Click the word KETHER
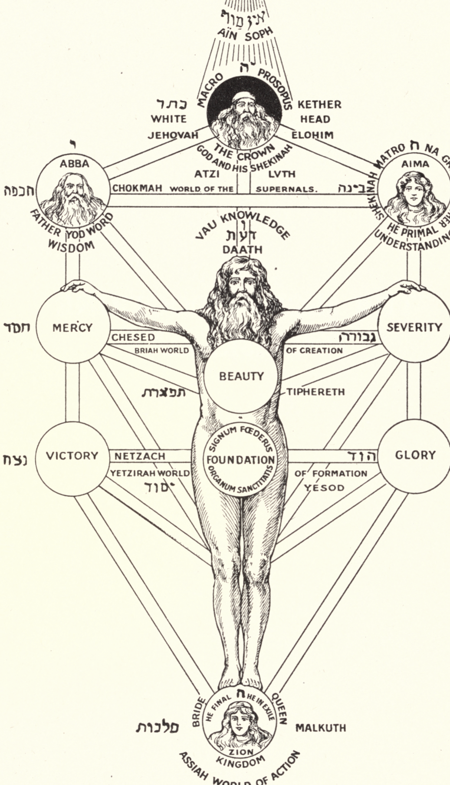319,105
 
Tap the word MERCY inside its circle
72,327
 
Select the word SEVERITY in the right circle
414,327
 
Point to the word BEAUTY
241,376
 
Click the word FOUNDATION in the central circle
240,460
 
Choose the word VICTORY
72,456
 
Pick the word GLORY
415,455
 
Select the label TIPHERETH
315,392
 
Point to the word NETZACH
140,456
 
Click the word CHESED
133,337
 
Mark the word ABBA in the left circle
74,164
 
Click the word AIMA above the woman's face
415,164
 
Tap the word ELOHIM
312,135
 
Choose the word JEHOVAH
173,135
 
